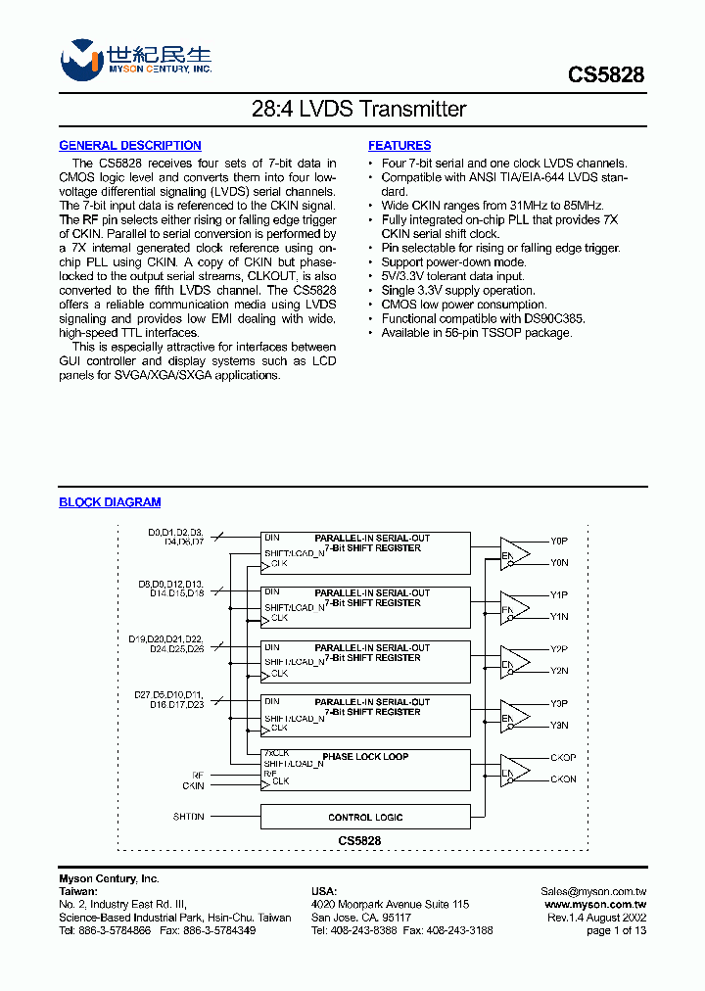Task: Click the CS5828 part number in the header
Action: click(x=606, y=74)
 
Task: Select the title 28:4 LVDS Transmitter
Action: click(x=352, y=110)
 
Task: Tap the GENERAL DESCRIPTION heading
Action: click(x=130, y=146)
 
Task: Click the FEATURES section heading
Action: click(x=399, y=146)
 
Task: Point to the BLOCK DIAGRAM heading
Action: click(x=110, y=502)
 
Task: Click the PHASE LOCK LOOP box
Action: click(x=365, y=757)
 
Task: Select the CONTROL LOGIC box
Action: click(x=365, y=817)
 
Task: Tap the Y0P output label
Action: click(x=559, y=541)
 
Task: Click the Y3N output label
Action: click(x=559, y=726)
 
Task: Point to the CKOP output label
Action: click(x=563, y=758)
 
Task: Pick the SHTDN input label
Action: click(x=189, y=817)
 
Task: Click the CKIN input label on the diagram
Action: click(x=193, y=786)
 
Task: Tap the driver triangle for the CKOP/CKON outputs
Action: click(x=515, y=770)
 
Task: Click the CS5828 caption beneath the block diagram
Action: click(x=359, y=841)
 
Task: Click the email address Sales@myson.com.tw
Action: click(x=593, y=891)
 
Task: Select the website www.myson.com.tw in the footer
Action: click(x=595, y=905)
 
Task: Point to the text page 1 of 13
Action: click(x=616, y=931)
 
